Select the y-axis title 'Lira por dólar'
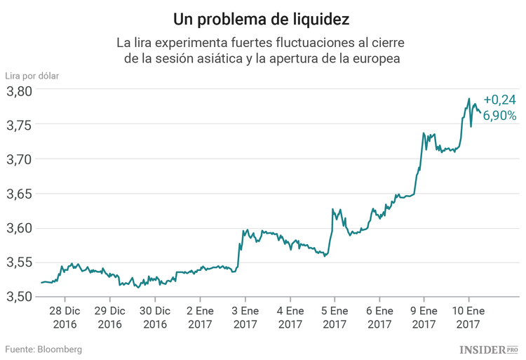point(32,75)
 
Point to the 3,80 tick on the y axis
point(19,91)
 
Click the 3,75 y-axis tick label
point(19,125)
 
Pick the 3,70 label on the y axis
point(19,159)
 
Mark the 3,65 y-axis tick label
point(19,194)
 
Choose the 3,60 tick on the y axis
point(19,228)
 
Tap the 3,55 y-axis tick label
point(19,262)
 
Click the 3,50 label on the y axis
point(19,297)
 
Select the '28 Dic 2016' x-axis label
point(65,316)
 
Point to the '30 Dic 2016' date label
point(155,316)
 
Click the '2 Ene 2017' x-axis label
point(200,316)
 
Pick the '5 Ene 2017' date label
point(335,316)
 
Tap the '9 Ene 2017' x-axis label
point(424,316)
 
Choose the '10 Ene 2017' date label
point(468,316)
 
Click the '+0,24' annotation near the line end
point(499,100)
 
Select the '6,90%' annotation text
point(499,115)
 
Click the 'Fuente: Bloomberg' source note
point(44,349)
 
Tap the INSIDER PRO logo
point(489,349)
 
